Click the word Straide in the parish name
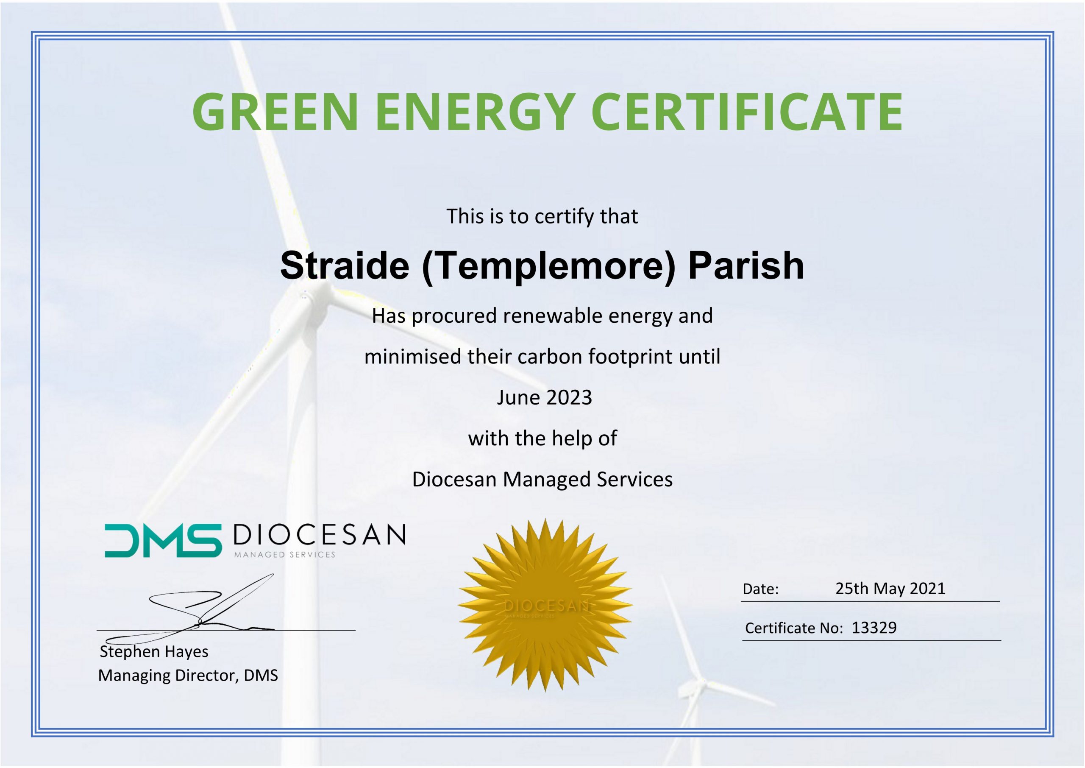(345, 265)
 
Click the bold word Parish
(746, 265)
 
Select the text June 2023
(544, 397)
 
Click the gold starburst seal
(545, 605)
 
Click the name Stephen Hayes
(154, 652)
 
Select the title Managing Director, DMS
(188, 675)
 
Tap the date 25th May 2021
(890, 588)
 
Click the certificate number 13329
(874, 628)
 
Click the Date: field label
(760, 589)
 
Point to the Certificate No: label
(794, 628)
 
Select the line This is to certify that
(542, 216)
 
